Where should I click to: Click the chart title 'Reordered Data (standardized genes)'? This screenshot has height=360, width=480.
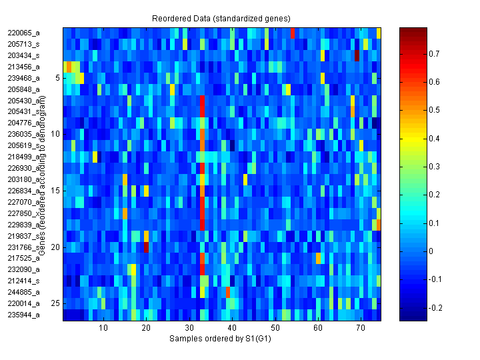click(220, 18)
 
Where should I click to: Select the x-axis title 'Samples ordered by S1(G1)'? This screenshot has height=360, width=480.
click(220, 339)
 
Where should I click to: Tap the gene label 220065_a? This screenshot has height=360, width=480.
click(24, 32)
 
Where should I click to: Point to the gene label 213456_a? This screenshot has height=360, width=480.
click(24, 66)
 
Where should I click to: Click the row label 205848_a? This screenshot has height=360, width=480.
click(24, 89)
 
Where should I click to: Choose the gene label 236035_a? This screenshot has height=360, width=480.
click(24, 134)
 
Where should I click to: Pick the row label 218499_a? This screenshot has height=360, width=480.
click(24, 156)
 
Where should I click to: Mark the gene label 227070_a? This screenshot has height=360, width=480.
click(24, 201)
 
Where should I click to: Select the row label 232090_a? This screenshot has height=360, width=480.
click(24, 269)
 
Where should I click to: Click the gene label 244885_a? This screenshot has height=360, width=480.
click(24, 292)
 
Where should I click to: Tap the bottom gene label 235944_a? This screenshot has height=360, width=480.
click(24, 315)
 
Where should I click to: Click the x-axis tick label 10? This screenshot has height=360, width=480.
click(103, 328)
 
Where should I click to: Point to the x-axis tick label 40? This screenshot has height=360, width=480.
click(231, 328)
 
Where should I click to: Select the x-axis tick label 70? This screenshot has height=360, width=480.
click(360, 328)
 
